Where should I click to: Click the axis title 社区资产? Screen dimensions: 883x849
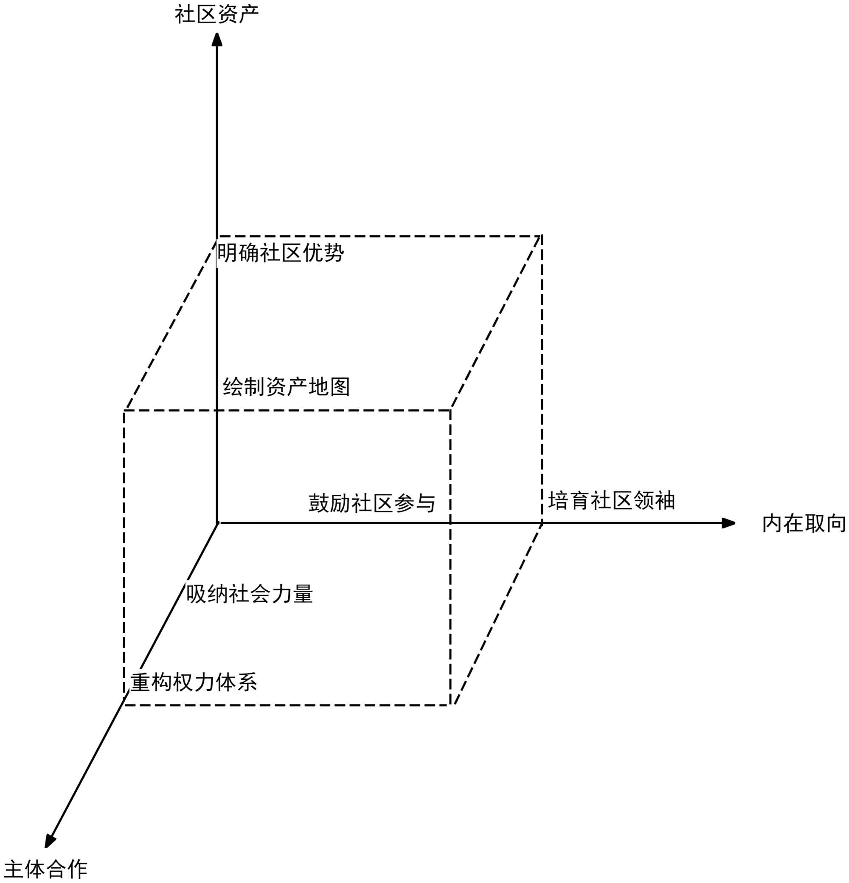(216, 14)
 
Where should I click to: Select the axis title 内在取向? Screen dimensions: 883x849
(804, 523)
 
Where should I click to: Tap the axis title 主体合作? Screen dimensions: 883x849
(45, 869)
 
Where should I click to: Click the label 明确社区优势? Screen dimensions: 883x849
(281, 253)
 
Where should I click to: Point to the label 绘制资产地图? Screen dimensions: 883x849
(286, 386)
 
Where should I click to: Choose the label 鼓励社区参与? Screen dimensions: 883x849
(371, 503)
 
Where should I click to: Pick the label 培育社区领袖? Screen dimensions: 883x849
(611, 500)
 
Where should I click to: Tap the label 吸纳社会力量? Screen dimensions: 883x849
(249, 594)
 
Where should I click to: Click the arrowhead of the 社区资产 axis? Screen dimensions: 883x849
(217, 39)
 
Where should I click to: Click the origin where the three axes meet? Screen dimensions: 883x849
(217, 523)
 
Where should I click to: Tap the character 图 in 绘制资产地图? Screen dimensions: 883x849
(340, 386)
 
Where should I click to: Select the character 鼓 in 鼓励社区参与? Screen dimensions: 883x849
(319, 503)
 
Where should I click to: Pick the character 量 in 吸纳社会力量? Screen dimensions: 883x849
(303, 594)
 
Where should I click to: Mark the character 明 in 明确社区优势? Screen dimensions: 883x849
(227, 253)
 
